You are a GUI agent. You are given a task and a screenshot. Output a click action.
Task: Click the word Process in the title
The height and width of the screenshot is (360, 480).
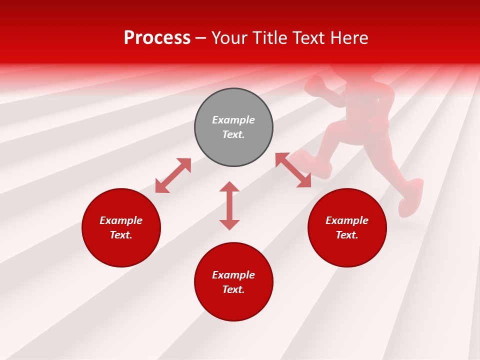tap(157, 38)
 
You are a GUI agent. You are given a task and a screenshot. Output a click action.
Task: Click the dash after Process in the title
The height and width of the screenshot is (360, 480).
tap(200, 38)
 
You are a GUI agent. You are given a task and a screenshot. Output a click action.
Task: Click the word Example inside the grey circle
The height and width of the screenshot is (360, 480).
tap(233, 120)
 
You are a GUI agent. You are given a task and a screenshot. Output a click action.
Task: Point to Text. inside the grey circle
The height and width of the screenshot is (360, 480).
tap(233, 134)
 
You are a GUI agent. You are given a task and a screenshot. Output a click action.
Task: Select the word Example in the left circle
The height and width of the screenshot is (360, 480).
tap(121, 220)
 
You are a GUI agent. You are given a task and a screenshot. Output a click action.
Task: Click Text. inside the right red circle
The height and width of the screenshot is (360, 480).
tap(347, 235)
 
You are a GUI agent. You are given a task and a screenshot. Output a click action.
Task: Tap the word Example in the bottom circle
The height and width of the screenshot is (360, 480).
tap(233, 275)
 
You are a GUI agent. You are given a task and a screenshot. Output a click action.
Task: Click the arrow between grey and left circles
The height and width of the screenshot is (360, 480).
tap(173, 175)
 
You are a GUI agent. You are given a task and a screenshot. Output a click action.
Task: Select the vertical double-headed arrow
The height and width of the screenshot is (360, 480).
tap(229, 205)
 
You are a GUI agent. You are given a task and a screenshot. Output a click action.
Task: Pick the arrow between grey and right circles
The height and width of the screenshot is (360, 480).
tap(293, 170)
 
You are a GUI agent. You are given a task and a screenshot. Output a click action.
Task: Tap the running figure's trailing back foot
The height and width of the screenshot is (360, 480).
tap(411, 197)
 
